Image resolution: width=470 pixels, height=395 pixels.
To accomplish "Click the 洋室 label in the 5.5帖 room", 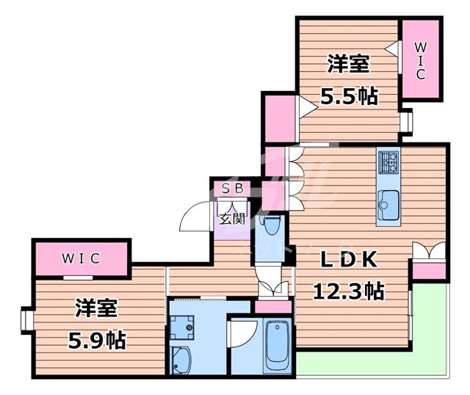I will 347,65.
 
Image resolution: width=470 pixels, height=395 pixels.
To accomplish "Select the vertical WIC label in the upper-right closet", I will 421,60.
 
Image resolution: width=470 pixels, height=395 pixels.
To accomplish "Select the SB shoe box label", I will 231,188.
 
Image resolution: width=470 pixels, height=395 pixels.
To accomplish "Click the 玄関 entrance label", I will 232,218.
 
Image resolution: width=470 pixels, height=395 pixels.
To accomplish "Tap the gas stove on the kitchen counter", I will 388,160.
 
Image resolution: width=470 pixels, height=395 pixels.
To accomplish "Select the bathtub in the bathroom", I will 278,345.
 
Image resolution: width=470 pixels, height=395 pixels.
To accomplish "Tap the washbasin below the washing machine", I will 181,360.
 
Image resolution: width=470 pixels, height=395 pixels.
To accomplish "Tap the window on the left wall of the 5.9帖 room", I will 27,320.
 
